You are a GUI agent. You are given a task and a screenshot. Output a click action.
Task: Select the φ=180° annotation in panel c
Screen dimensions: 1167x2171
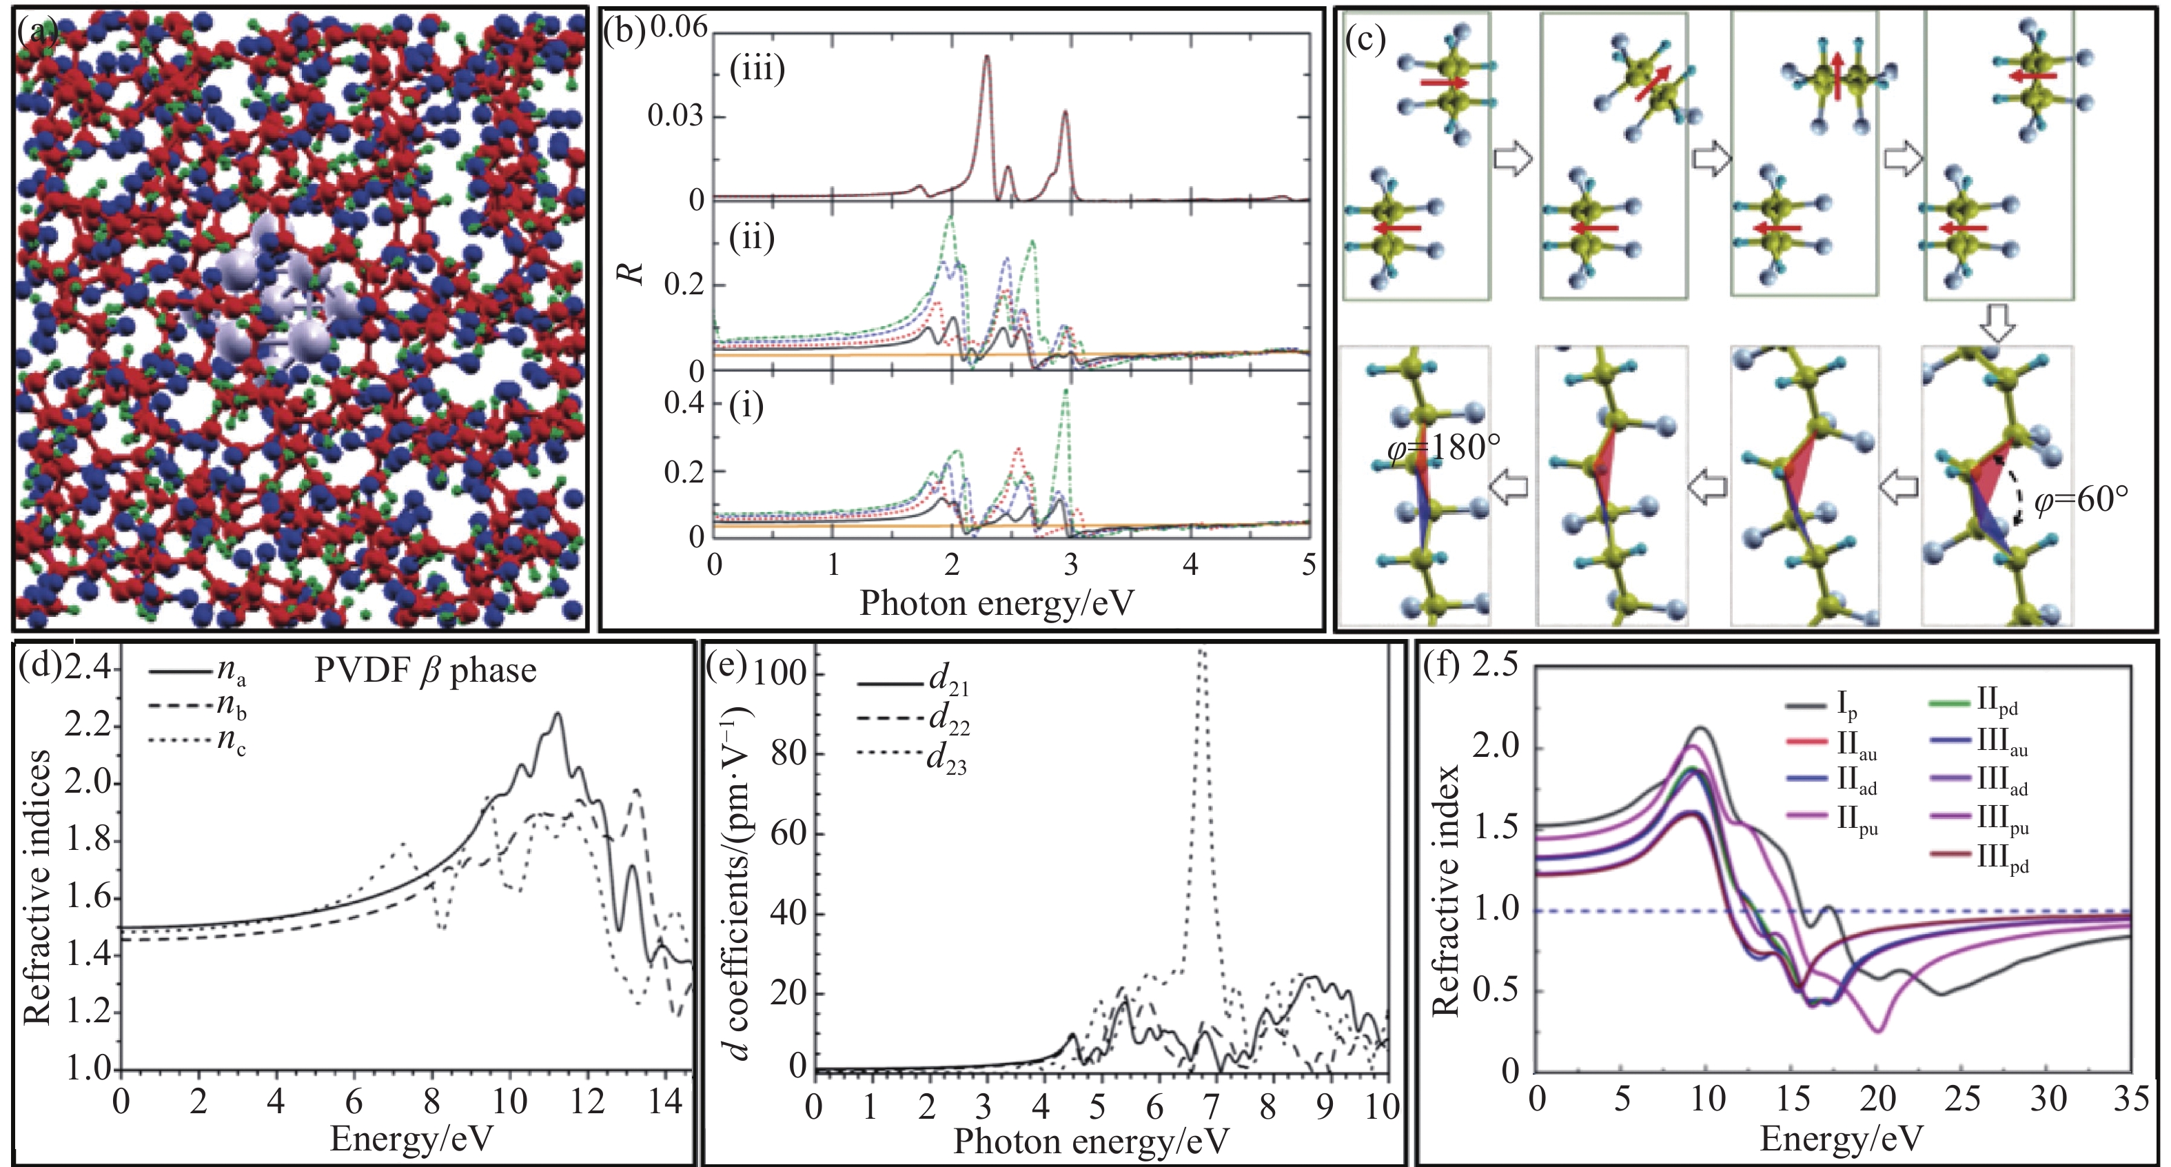(x=1443, y=448)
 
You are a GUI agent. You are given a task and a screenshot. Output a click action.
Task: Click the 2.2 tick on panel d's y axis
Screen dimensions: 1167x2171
(x=90, y=727)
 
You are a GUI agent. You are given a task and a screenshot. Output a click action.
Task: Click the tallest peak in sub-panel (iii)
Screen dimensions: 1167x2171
(x=987, y=57)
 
